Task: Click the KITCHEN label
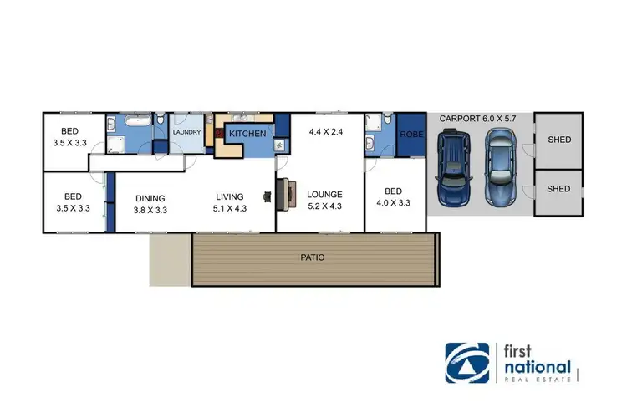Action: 247,134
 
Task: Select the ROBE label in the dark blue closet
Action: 410,134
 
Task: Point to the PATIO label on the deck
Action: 314,257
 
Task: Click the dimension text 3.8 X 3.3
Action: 151,211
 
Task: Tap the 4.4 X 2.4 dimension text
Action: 326,131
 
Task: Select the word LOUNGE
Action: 324,194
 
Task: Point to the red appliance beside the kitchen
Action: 219,133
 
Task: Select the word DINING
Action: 151,198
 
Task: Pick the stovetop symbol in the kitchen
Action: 278,146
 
